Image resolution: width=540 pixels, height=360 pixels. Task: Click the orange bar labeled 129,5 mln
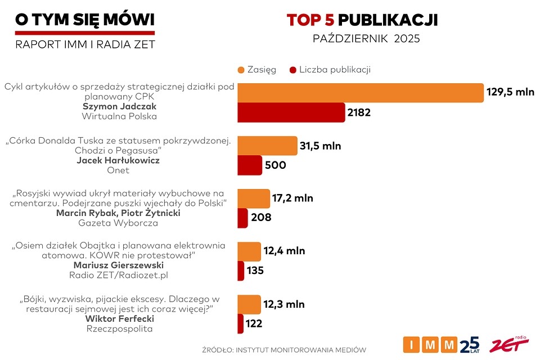click(x=360, y=93)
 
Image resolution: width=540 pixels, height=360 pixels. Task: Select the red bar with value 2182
click(x=291, y=112)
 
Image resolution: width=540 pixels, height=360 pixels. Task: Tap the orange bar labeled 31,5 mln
click(x=267, y=146)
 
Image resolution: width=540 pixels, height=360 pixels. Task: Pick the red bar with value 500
click(x=250, y=165)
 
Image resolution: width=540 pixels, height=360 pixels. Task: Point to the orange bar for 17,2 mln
click(x=254, y=199)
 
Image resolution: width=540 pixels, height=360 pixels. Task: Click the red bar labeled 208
click(x=242, y=218)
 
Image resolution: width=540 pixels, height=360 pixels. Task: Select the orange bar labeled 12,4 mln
click(x=249, y=251)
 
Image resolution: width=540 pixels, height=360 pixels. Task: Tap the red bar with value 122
click(x=240, y=323)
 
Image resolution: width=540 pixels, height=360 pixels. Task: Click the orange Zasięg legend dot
click(x=241, y=70)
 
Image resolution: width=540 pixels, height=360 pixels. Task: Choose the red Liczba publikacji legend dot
click(x=292, y=70)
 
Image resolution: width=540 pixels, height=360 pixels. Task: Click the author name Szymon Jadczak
click(x=120, y=106)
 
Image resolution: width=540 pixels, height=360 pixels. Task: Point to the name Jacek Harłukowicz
click(x=118, y=160)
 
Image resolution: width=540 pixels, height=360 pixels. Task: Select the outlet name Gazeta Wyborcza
click(x=118, y=223)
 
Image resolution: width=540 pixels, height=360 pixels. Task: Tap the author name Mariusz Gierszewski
click(x=118, y=265)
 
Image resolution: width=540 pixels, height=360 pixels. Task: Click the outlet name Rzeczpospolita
click(x=119, y=328)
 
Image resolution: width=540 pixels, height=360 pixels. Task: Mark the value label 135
click(x=255, y=271)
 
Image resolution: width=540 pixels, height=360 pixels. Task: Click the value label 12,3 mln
click(x=284, y=304)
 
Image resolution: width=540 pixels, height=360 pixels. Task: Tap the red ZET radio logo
click(x=509, y=344)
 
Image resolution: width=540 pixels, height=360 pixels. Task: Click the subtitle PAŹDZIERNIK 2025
click(x=366, y=39)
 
